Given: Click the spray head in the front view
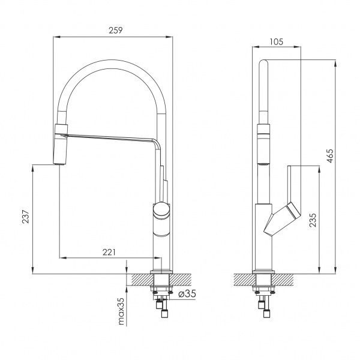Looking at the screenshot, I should tap(61, 143).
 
